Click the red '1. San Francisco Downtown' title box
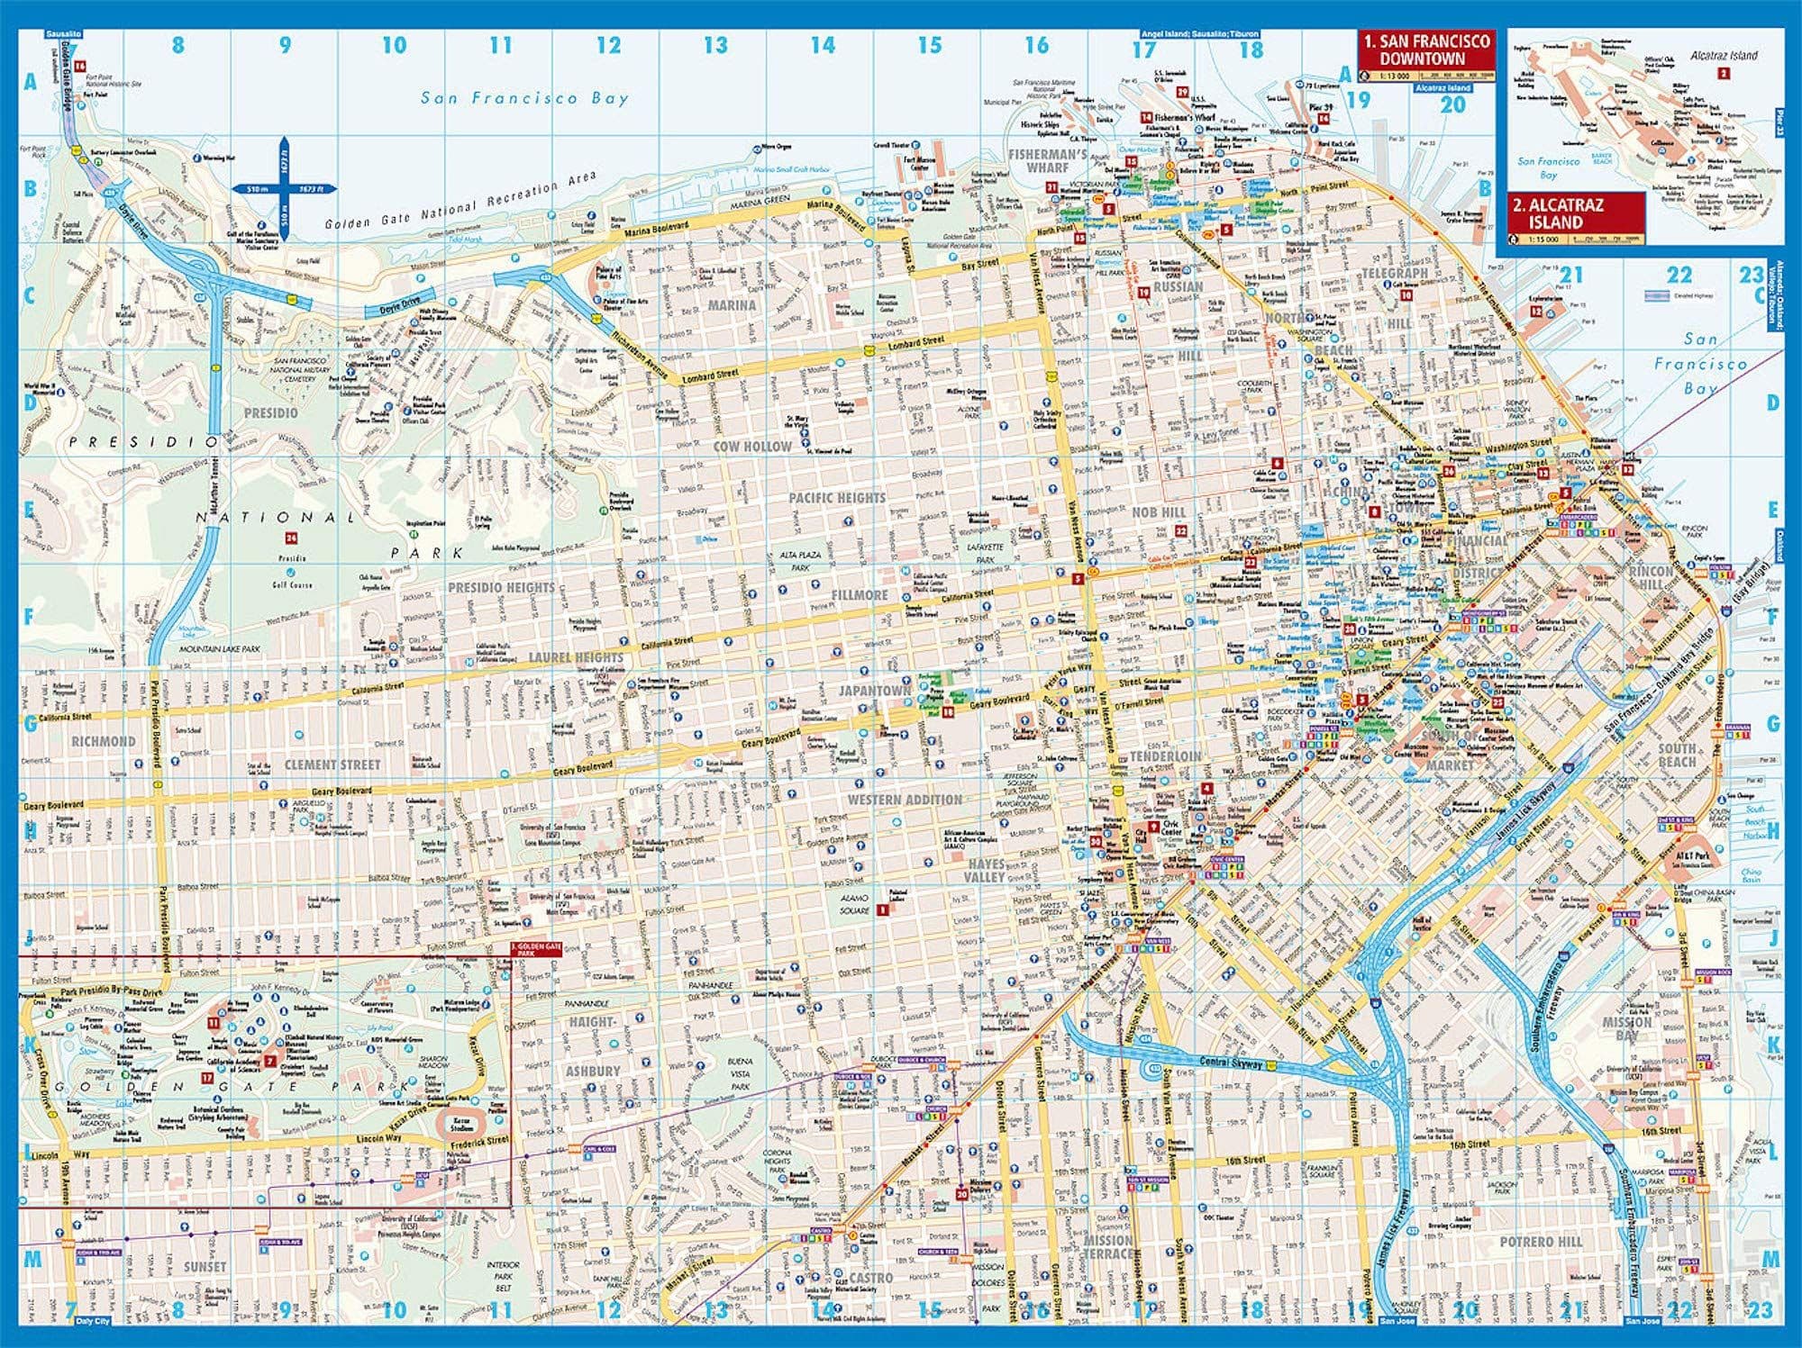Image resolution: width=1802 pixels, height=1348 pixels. [1426, 50]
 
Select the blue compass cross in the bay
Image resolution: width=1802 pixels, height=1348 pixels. [284, 189]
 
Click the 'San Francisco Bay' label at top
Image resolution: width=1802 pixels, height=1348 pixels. [524, 98]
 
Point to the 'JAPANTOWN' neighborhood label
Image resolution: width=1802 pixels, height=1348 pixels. [875, 691]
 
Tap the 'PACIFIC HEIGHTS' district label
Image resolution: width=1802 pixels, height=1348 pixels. [837, 498]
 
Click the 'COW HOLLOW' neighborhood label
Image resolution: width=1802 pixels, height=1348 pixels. [752, 446]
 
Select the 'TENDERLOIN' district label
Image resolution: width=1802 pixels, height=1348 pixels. [1165, 756]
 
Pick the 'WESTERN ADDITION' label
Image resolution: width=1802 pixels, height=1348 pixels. [905, 800]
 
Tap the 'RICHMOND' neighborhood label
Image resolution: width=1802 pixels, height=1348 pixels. [104, 741]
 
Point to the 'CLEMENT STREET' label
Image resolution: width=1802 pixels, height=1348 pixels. [332, 764]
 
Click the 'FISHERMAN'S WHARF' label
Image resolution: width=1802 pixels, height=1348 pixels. [1048, 160]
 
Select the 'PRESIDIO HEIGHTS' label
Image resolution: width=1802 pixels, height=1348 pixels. [502, 587]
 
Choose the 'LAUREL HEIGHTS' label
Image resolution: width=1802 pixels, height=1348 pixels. [576, 657]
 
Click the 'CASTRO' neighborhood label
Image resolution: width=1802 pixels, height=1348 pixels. [871, 1278]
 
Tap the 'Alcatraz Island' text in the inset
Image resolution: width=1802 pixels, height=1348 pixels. [1724, 55]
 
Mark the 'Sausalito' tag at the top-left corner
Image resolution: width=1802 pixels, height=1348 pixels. [62, 33]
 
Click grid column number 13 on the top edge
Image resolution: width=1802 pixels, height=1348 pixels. [715, 45]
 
